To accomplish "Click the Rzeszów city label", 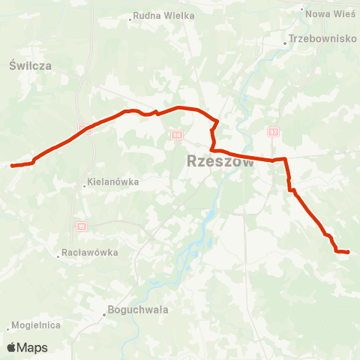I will click(220, 162).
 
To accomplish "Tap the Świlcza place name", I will click(31, 66).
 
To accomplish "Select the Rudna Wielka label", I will click(164, 16).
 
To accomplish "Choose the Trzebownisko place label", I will click(323, 38).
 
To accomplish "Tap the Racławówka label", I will click(91, 253).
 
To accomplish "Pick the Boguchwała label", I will click(138, 309).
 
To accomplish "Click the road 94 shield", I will click(176, 135).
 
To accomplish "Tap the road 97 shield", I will click(273, 131).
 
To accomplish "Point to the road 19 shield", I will click(81, 225).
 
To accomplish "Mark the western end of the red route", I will click(13, 165).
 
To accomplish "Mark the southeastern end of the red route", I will click(348, 252).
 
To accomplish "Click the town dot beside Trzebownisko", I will click(285, 43).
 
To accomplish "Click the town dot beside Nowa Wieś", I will click(302, 10).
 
